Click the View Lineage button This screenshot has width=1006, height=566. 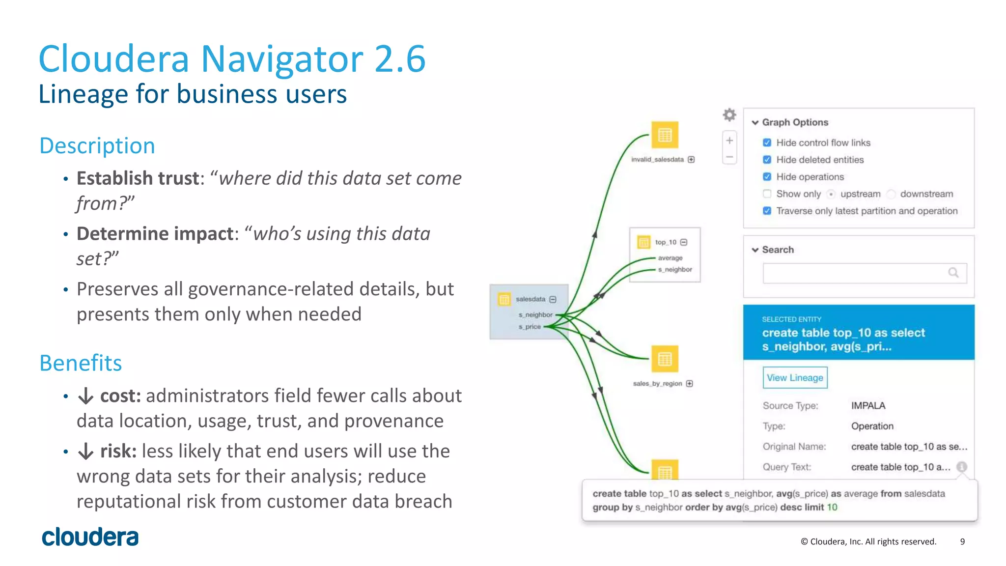[794, 378]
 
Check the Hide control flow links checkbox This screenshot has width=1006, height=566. [767, 143]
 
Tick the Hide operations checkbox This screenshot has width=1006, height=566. [767, 177]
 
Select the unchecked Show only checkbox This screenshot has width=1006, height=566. [767, 194]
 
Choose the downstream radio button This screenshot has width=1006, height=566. [891, 194]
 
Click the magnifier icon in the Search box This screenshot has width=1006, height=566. [953, 273]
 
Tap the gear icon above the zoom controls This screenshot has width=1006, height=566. [729, 115]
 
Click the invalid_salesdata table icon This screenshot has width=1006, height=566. [665, 135]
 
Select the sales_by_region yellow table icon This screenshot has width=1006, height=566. [665, 359]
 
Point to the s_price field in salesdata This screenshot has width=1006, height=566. [530, 327]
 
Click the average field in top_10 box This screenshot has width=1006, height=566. [670, 258]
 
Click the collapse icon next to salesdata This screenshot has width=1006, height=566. [553, 299]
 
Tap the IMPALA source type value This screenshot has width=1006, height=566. [868, 406]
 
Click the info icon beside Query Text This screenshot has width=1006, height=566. [962, 467]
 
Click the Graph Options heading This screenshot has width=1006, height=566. [794, 122]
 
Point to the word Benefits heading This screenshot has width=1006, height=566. [81, 363]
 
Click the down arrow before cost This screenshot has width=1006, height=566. [86, 396]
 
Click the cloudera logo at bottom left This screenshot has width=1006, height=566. [90, 537]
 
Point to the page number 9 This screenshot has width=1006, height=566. [962, 541]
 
